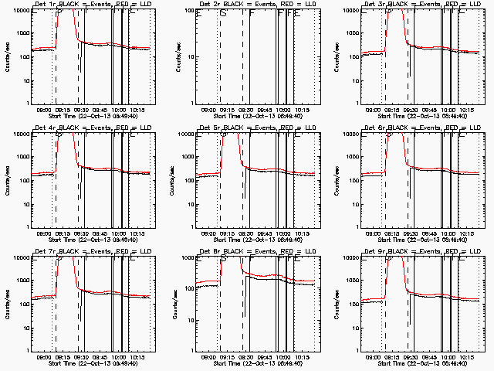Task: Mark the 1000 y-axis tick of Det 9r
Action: [352, 281]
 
